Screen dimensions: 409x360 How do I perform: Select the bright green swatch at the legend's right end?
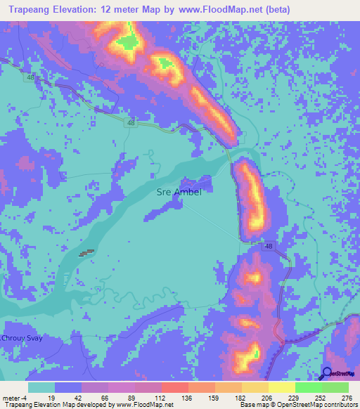click(335, 388)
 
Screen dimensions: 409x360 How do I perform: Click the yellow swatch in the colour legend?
click(282, 388)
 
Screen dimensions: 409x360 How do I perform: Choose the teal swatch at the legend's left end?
click(41, 388)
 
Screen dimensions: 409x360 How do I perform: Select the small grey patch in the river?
click(86, 253)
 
